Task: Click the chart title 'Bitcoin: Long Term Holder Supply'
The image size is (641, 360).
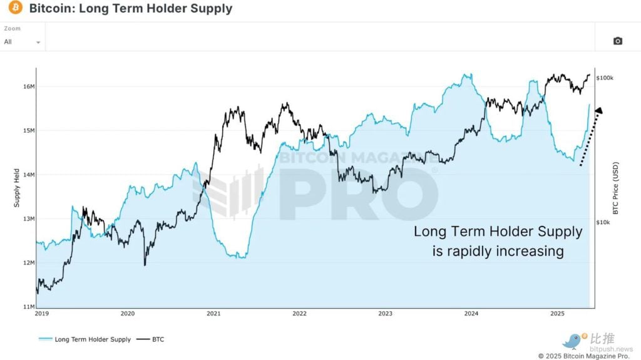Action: tap(130, 9)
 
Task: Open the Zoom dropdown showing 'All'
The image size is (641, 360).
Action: tap(22, 42)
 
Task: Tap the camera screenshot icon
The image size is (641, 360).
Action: tap(617, 41)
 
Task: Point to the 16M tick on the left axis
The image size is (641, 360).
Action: tap(28, 86)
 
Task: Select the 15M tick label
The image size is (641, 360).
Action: tap(28, 130)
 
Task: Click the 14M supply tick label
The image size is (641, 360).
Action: tap(28, 175)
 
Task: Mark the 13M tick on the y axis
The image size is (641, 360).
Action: tap(28, 219)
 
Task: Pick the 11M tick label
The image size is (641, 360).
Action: tap(28, 307)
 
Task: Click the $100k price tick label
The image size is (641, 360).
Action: tap(605, 78)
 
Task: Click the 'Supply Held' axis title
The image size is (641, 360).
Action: tap(17, 188)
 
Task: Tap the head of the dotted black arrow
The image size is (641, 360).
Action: tap(598, 111)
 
